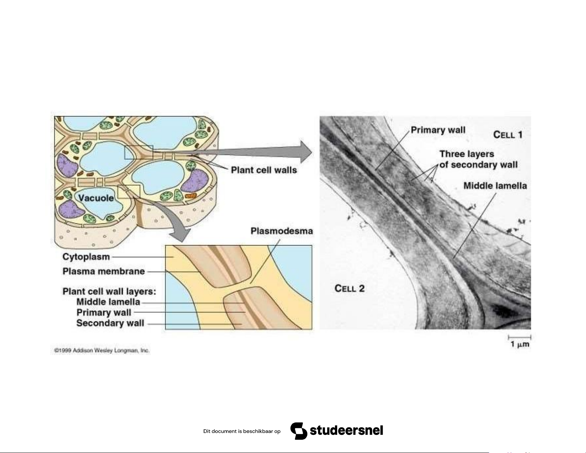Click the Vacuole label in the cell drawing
[96, 198]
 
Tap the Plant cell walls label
[264, 170]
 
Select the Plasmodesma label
[281, 231]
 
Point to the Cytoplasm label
[86, 257]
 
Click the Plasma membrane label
[104, 271]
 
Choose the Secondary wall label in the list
[110, 323]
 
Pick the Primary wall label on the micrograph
[438, 130]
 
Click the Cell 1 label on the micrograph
[507, 135]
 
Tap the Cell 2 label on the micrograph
[349, 288]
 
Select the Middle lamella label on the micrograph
[495, 186]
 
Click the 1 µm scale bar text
[519, 345]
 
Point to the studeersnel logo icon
[299, 431]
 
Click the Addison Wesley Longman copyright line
[102, 350]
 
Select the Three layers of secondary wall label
[478, 159]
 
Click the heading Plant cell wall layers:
[109, 291]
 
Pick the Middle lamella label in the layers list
[108, 302]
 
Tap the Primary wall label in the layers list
[104, 312]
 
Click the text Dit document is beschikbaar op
[242, 431]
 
